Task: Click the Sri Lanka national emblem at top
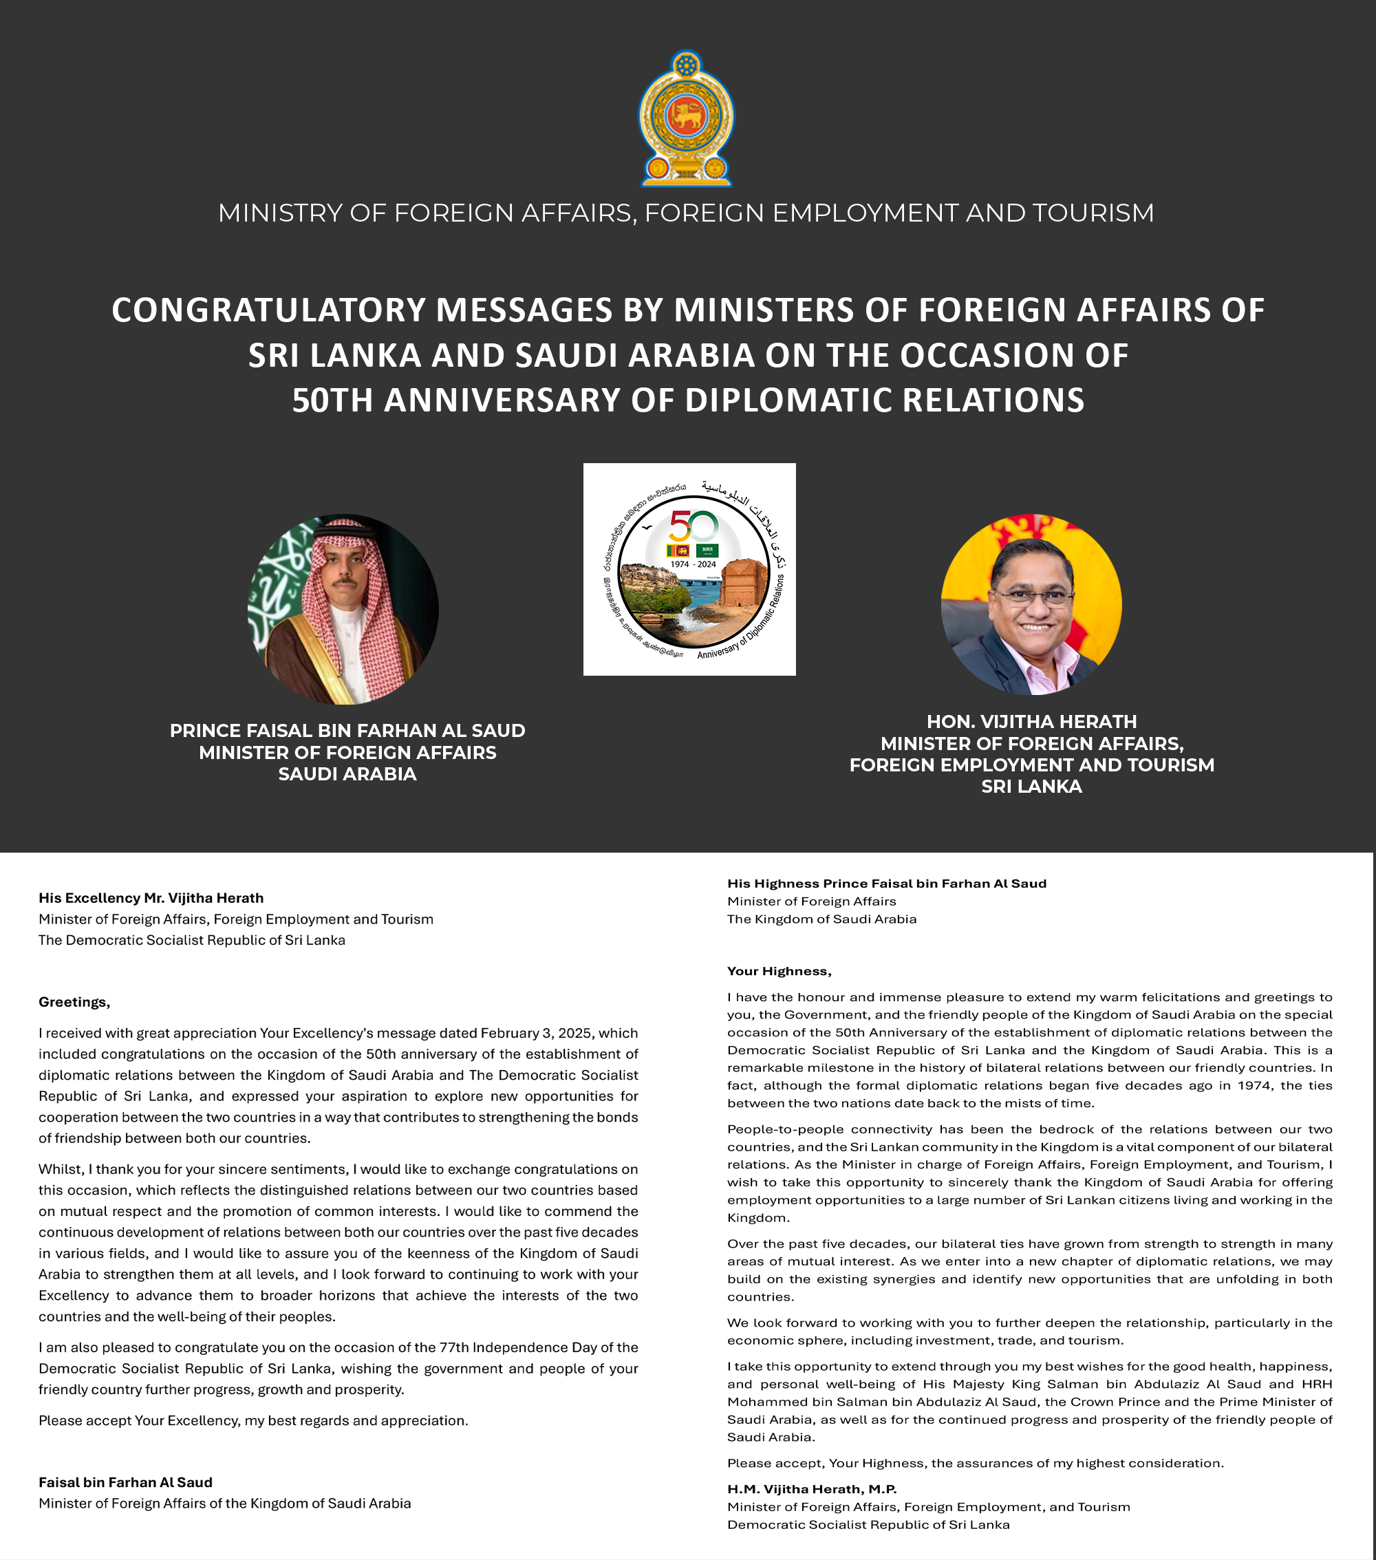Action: pyautogui.click(x=686, y=118)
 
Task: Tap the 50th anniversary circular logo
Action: pyautogui.click(x=689, y=569)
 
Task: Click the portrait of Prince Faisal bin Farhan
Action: pyautogui.click(x=343, y=609)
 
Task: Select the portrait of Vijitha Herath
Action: pyautogui.click(x=1031, y=604)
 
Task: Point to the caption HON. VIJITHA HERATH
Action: pyautogui.click(x=1031, y=721)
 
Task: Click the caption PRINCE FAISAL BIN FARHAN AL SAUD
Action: pyautogui.click(x=347, y=730)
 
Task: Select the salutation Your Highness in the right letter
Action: pyautogui.click(x=778, y=971)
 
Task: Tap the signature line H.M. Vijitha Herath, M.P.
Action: pyautogui.click(x=811, y=1489)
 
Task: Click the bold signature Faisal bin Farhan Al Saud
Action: pyautogui.click(x=125, y=1482)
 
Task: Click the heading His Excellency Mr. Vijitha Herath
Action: pyautogui.click(x=151, y=898)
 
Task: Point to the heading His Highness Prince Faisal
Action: pyautogui.click(x=886, y=883)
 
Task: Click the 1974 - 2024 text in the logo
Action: pyautogui.click(x=693, y=565)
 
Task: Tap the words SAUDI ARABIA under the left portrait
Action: pyautogui.click(x=347, y=774)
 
